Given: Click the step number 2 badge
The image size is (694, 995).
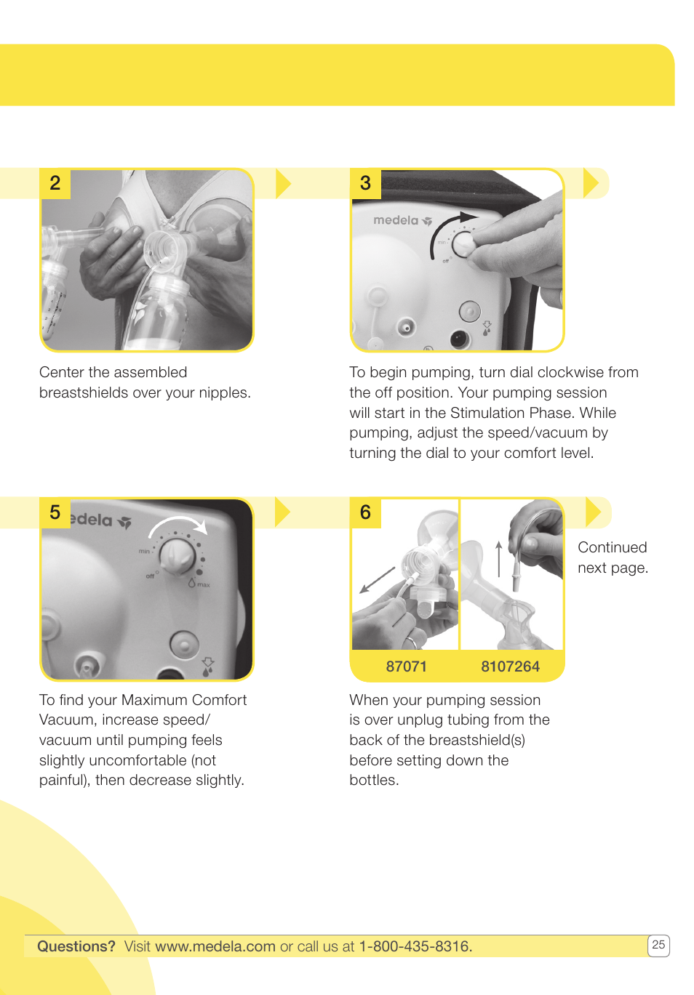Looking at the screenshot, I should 55,183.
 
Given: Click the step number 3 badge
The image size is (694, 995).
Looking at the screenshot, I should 365,183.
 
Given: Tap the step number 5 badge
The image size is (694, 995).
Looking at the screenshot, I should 55,512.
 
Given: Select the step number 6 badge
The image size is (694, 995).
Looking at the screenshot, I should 365,512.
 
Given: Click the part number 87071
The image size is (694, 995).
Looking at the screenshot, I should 406,666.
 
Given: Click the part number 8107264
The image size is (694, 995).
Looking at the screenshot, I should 510,666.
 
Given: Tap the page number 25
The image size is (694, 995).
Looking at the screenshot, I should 658,945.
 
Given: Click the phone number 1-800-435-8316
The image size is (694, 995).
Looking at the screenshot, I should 415,946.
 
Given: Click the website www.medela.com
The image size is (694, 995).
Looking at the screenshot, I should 215,946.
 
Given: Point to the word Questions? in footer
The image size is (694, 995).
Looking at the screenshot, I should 76,946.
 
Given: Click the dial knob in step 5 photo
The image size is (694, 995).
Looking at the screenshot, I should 178,557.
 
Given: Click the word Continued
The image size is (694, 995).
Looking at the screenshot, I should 612,547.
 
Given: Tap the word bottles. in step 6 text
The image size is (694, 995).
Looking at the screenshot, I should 374,780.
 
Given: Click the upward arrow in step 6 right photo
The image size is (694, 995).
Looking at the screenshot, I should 498,557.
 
